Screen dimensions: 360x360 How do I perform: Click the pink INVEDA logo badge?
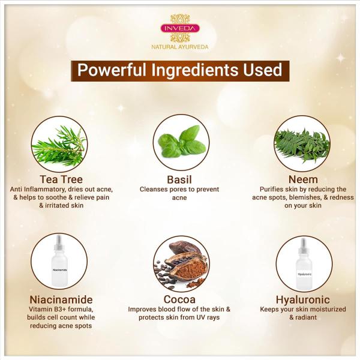(x=180, y=28)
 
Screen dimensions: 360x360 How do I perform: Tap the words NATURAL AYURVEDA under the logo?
(x=180, y=47)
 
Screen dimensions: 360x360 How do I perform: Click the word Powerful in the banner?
(x=112, y=70)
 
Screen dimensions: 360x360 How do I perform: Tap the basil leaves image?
(x=182, y=141)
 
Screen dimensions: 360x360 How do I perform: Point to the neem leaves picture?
(x=302, y=145)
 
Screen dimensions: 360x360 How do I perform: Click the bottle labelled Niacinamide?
(x=59, y=261)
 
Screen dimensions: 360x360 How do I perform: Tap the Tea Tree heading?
(x=61, y=179)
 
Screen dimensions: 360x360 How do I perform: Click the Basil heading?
(x=179, y=180)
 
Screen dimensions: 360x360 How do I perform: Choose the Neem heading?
(x=303, y=179)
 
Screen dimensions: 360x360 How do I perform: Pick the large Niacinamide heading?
(x=61, y=299)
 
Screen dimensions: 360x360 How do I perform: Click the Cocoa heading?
(x=179, y=299)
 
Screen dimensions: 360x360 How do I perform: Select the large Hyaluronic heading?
(x=303, y=299)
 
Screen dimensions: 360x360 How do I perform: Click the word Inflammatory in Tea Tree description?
(x=45, y=190)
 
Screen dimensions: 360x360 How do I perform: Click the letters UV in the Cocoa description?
(x=200, y=317)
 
